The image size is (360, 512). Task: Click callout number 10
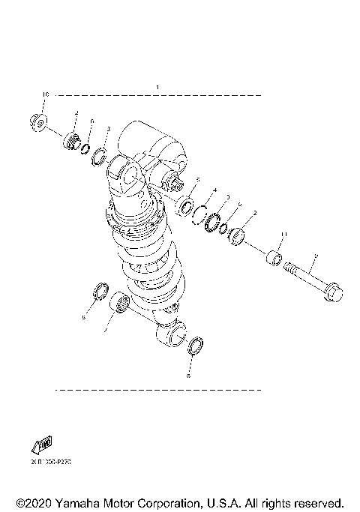pyautogui.click(x=45, y=95)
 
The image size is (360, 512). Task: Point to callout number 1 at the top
pyautogui.click(x=157, y=88)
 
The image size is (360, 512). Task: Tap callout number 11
pyautogui.click(x=283, y=235)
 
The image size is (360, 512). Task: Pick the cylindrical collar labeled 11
pyautogui.click(x=274, y=262)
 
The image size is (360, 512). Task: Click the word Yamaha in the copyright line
pyautogui.click(x=76, y=502)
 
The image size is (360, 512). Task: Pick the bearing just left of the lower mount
pyautogui.click(x=117, y=305)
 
